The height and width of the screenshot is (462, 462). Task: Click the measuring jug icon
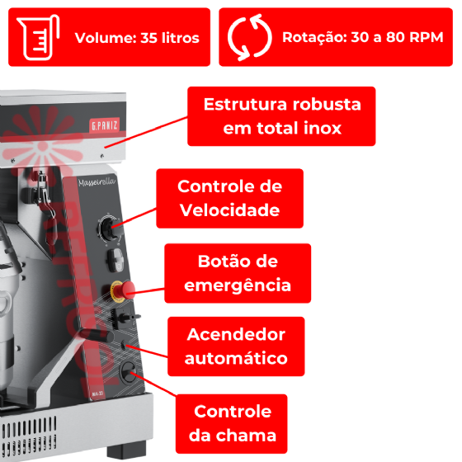pos(38,37)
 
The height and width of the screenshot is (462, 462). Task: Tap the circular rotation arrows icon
pos(249,37)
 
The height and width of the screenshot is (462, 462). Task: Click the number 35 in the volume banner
pos(148,38)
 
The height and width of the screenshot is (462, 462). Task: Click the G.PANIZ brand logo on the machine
pos(104,125)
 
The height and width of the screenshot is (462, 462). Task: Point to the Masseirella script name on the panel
pos(97,182)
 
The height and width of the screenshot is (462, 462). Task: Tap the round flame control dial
pos(129,372)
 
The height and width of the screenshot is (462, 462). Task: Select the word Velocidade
pos(229,210)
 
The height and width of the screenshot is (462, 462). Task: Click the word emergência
pos(238,285)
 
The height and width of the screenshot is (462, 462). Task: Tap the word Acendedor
pos(236,335)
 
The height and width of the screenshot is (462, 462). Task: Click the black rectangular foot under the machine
pos(127,450)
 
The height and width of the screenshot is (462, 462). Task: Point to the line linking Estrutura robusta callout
pos(146,132)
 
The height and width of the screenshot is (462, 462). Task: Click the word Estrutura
pos(245,104)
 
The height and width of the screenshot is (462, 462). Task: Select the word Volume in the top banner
pos(106,38)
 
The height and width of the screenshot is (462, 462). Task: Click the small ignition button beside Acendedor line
pos(124,344)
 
